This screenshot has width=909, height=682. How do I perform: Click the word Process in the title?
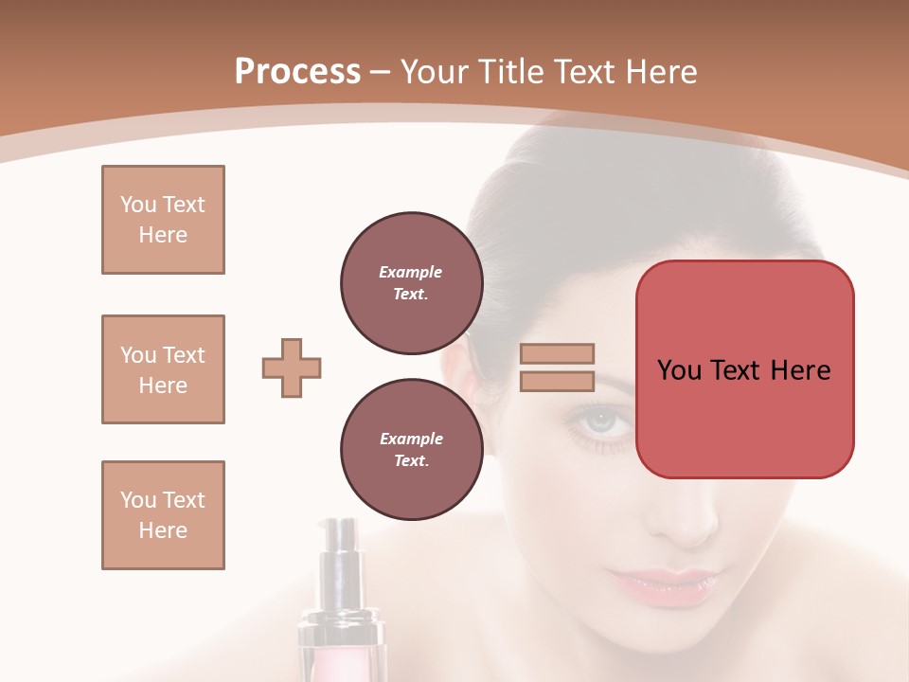(x=297, y=72)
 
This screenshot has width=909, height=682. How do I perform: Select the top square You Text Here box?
(x=163, y=220)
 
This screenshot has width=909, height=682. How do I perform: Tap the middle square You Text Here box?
(x=163, y=369)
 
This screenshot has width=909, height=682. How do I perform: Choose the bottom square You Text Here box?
(x=163, y=515)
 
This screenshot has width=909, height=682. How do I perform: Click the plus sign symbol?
(x=292, y=368)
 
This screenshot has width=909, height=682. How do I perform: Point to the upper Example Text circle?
(x=411, y=283)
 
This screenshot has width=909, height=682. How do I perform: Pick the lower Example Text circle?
(x=411, y=450)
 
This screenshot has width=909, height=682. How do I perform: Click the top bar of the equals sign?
(x=557, y=353)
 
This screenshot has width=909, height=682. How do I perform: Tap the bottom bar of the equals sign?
(x=557, y=381)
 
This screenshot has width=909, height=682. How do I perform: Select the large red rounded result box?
(x=744, y=369)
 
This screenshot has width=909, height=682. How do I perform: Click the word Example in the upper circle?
(x=410, y=272)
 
